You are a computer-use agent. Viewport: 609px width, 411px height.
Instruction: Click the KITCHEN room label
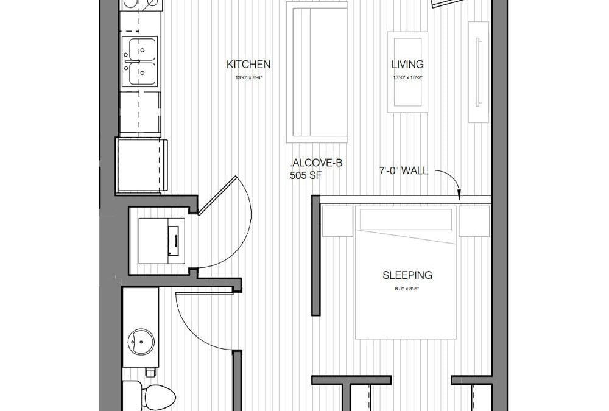pyautogui.click(x=248, y=65)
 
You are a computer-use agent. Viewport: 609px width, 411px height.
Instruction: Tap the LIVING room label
pyautogui.click(x=407, y=65)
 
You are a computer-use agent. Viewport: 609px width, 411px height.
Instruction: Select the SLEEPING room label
pyautogui.click(x=407, y=275)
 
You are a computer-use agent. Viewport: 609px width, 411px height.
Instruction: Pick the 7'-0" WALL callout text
pyautogui.click(x=403, y=171)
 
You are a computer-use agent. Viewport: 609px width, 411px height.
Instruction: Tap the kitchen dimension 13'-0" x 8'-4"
pyautogui.click(x=248, y=78)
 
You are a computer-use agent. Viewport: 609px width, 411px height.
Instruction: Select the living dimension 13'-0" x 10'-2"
pyautogui.click(x=407, y=78)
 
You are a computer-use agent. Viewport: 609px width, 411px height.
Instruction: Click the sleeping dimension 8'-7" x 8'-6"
pyautogui.click(x=407, y=288)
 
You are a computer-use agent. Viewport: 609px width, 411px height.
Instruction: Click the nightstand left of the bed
pyautogui.click(x=337, y=220)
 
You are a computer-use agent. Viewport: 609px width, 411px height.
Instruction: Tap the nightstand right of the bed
pyautogui.click(x=474, y=220)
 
